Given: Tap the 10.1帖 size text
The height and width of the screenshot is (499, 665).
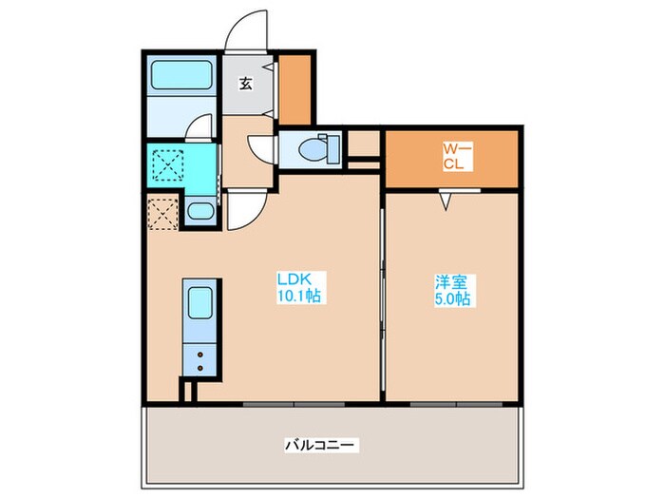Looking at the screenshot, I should (x=300, y=297).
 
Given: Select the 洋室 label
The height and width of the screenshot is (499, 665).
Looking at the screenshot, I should (x=448, y=281).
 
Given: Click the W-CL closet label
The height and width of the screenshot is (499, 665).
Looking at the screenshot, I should (x=453, y=155).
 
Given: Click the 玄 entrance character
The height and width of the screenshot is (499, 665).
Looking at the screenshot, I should (x=245, y=83).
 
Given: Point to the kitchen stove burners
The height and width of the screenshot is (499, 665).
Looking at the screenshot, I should (x=200, y=360).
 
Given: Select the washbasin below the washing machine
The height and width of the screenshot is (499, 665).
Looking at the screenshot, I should (x=200, y=211).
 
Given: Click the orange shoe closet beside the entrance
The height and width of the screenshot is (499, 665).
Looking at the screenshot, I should (x=296, y=90).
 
